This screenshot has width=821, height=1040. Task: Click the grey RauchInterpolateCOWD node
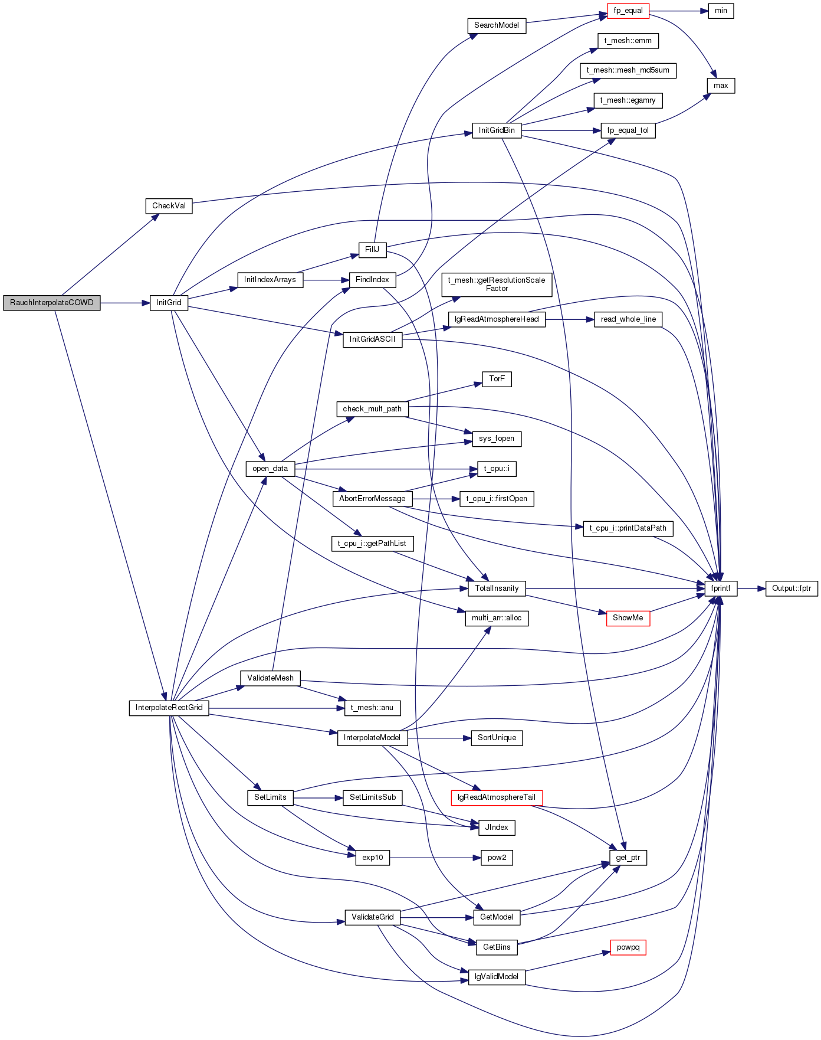tap(52, 303)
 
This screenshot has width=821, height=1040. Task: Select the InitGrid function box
tap(169, 303)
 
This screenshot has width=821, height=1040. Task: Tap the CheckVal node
tap(169, 206)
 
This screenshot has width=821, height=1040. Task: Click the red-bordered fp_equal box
tap(628, 11)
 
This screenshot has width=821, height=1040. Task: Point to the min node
tap(721, 11)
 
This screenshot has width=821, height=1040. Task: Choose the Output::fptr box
tap(792, 588)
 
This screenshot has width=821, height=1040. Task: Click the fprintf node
tap(721, 588)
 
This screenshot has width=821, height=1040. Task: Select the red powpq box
tap(628, 947)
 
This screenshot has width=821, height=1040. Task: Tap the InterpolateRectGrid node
tap(169, 708)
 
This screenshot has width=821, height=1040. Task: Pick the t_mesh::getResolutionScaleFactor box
tap(497, 284)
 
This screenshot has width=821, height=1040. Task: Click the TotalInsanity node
tap(497, 588)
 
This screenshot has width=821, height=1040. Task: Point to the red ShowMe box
tap(628, 618)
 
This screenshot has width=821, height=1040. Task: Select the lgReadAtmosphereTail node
tap(497, 797)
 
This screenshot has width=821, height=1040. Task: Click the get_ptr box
tap(628, 858)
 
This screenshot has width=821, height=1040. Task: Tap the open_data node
tap(270, 469)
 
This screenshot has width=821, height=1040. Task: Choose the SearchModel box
tap(497, 25)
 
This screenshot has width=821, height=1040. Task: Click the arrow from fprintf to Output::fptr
tap(751, 588)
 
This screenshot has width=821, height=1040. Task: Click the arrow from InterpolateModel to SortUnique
tap(439, 738)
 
